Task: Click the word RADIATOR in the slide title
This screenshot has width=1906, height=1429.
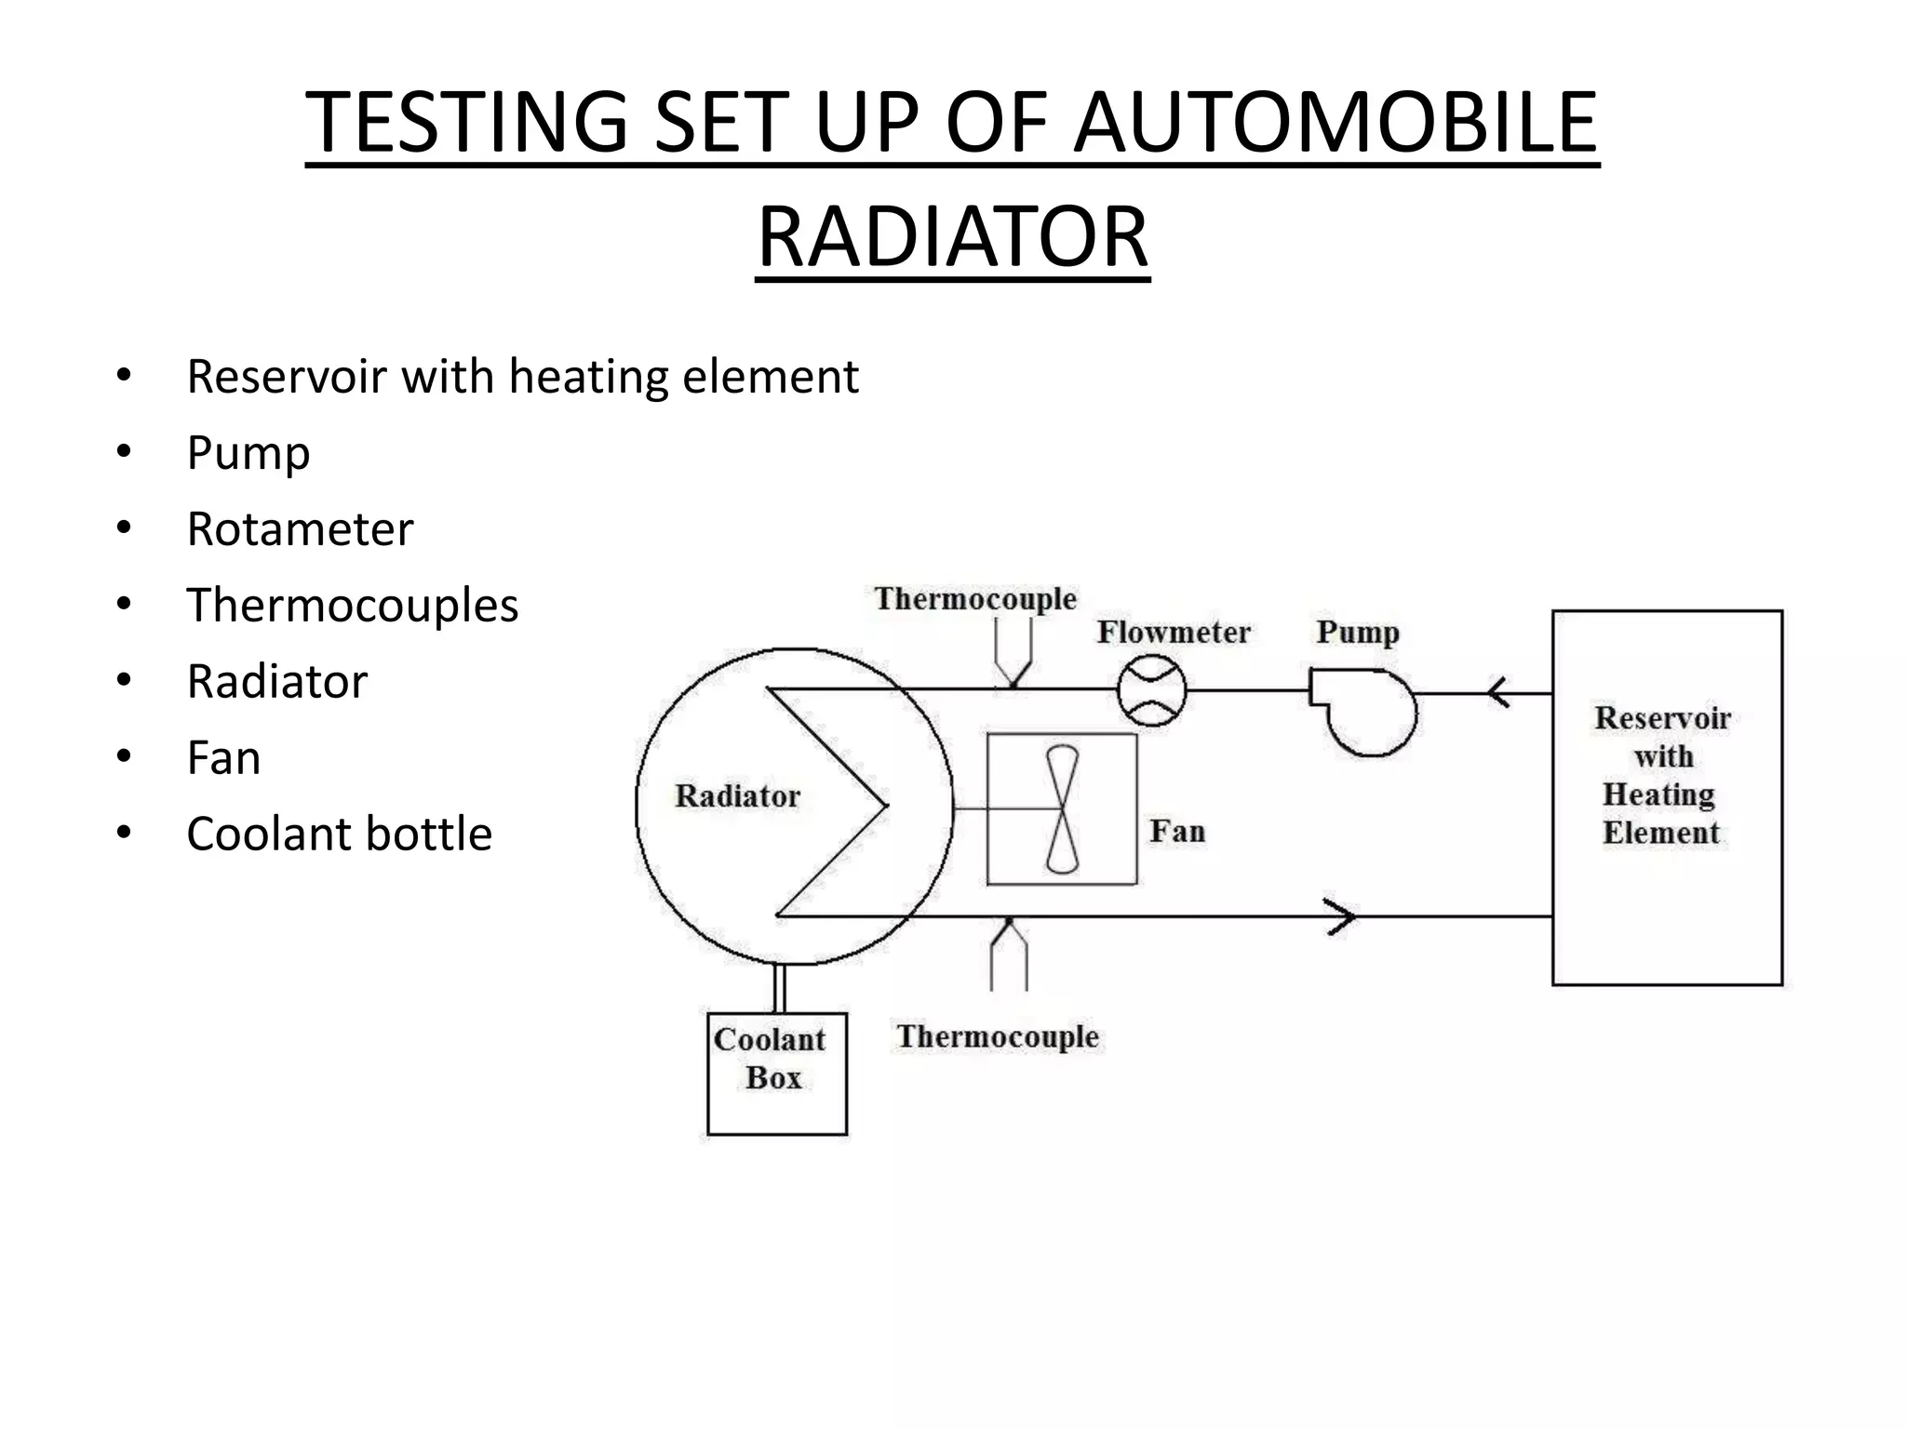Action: pos(952,237)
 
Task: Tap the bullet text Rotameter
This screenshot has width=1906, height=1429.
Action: pos(300,529)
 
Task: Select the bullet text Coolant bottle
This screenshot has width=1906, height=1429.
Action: pos(339,834)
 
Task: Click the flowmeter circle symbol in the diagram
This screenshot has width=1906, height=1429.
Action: pos(1151,690)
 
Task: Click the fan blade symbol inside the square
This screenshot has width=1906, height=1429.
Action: pos(1062,808)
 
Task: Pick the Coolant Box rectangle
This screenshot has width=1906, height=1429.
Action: pos(777,1074)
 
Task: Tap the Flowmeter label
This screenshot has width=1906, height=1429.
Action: pos(1173,633)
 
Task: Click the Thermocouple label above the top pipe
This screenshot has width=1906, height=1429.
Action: pos(975,598)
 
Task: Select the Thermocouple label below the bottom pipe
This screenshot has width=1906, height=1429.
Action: pos(998,1036)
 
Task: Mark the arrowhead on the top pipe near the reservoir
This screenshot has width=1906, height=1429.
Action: pos(1497,693)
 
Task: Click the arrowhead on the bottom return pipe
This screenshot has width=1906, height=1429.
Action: pos(1340,916)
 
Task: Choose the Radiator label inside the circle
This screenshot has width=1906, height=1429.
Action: pos(737,796)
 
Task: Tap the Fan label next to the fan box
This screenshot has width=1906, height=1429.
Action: pos(1177,831)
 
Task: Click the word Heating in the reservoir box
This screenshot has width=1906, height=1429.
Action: pos(1658,795)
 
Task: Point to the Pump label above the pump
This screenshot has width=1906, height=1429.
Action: pos(1357,633)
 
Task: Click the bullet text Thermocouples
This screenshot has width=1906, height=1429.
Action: pos(352,606)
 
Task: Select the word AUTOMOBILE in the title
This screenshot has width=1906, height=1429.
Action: pos(1336,123)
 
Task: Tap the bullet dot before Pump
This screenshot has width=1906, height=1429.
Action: pos(124,452)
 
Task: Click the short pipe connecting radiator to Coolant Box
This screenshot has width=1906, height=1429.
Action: pos(780,989)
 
